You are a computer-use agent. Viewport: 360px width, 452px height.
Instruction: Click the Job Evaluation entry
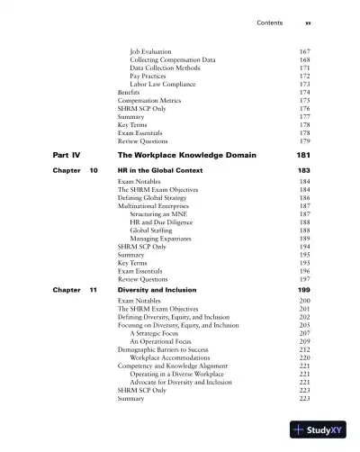tap(151, 51)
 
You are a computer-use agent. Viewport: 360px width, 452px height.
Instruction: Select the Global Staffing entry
tap(151, 230)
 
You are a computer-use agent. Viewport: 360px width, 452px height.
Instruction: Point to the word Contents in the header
tap(271, 22)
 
